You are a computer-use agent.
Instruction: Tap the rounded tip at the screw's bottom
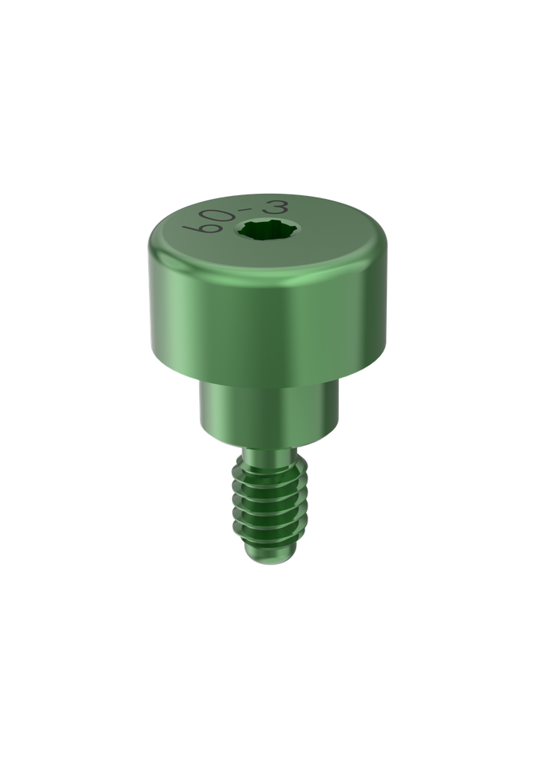tap(268, 557)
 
